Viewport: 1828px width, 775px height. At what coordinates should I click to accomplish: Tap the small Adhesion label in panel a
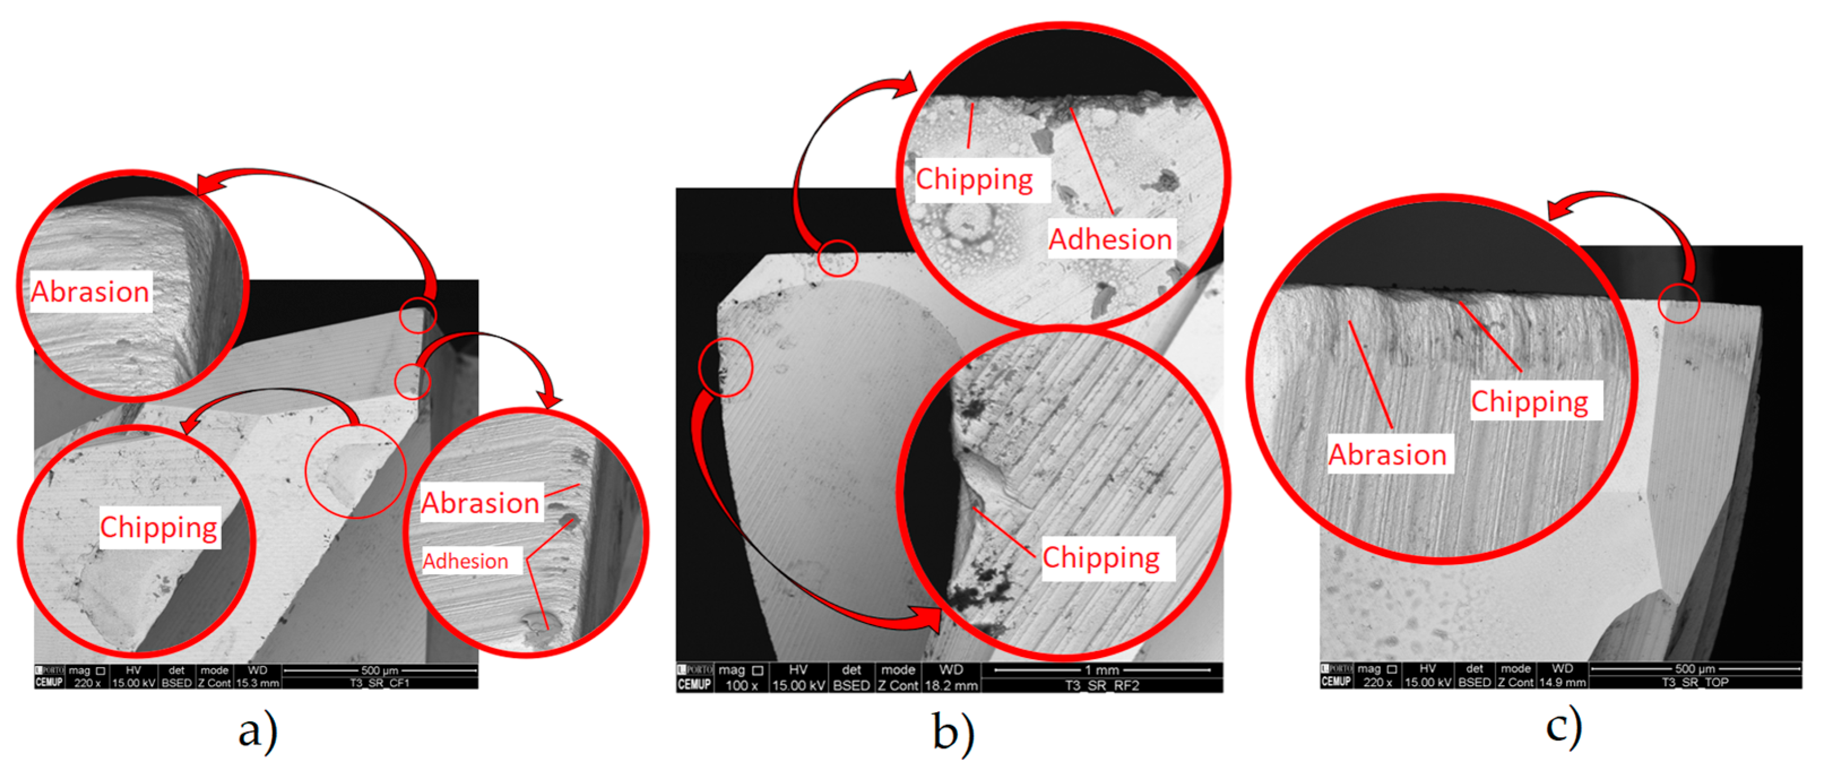pyautogui.click(x=466, y=561)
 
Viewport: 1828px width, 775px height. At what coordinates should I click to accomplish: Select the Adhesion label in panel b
pyautogui.click(x=1110, y=239)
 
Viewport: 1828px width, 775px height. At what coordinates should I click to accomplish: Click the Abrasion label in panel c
pyautogui.click(x=1387, y=454)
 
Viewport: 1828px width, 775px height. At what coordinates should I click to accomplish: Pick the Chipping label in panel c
pyautogui.click(x=1529, y=401)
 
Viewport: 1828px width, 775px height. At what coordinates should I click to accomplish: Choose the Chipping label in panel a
pyautogui.click(x=158, y=527)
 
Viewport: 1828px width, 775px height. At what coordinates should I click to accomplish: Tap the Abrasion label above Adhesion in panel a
pyautogui.click(x=480, y=503)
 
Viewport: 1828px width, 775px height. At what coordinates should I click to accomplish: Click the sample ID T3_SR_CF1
pyautogui.click(x=380, y=683)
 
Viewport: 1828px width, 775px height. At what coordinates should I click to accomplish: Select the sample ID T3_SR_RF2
pyautogui.click(x=1101, y=686)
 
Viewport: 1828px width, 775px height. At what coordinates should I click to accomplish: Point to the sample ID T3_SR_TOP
pyautogui.click(x=1695, y=682)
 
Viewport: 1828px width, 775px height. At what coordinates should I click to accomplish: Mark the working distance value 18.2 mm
pyautogui.click(x=950, y=686)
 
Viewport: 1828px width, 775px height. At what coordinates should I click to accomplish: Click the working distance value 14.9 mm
pyautogui.click(x=1562, y=682)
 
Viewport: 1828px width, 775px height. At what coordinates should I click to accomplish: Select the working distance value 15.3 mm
pyautogui.click(x=257, y=683)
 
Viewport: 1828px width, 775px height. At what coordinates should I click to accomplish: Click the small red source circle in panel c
pyautogui.click(x=1678, y=304)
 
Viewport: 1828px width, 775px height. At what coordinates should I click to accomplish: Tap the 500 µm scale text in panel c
pyautogui.click(x=1695, y=669)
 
